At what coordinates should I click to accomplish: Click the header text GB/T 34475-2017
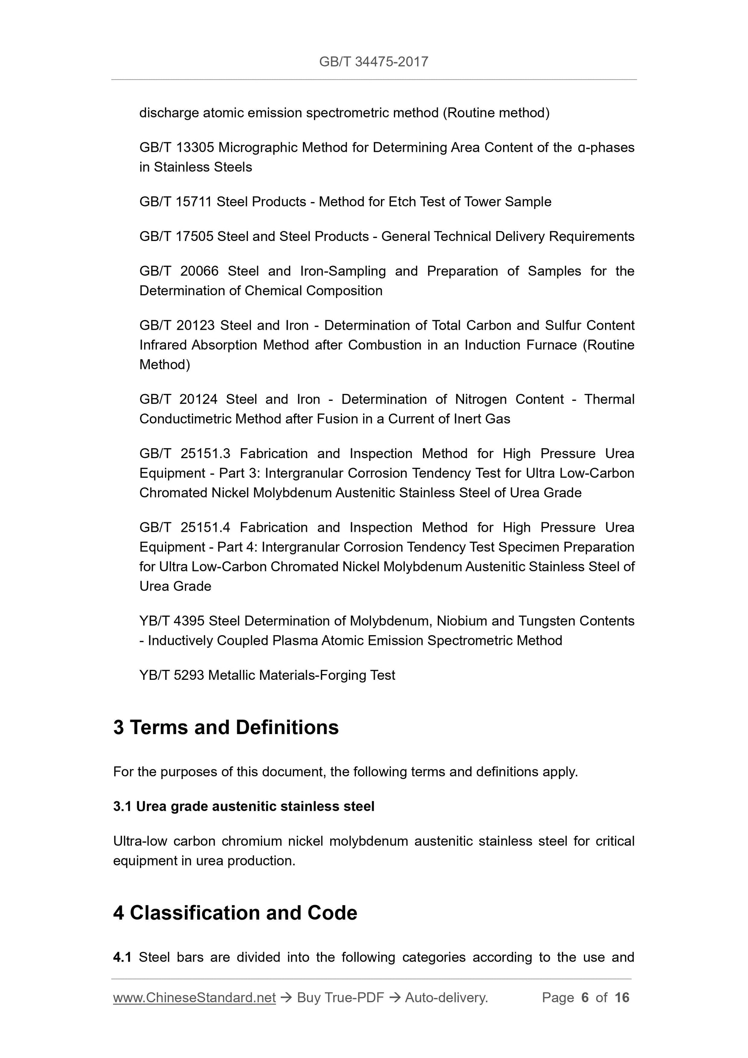pyautogui.click(x=373, y=62)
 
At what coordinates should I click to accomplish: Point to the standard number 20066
pyautogui.click(x=199, y=271)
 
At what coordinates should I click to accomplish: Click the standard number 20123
pyautogui.click(x=195, y=326)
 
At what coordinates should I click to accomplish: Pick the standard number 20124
pyautogui.click(x=198, y=399)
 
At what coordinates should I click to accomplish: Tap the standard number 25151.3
pyautogui.click(x=205, y=453)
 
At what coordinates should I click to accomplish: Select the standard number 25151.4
pyautogui.click(x=205, y=527)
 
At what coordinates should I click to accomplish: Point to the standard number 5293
pyautogui.click(x=189, y=675)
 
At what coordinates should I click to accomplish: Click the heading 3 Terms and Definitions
pyautogui.click(x=226, y=727)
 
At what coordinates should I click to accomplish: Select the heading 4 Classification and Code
pyautogui.click(x=235, y=913)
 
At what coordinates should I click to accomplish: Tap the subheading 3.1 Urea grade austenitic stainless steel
pyautogui.click(x=243, y=806)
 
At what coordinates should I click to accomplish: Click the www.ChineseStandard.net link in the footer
pyautogui.click(x=194, y=998)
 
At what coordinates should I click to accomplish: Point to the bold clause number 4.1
pyautogui.click(x=122, y=958)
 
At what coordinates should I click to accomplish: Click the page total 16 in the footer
pyautogui.click(x=622, y=998)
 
